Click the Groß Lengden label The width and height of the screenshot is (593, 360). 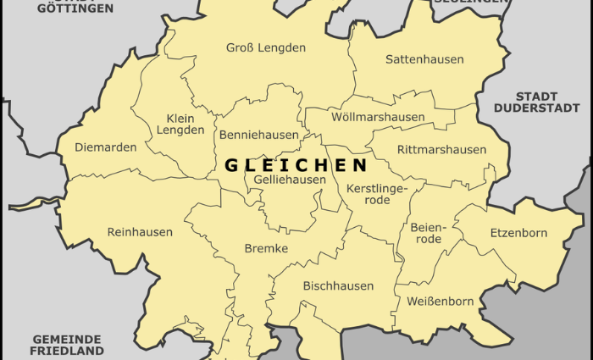tap(265, 47)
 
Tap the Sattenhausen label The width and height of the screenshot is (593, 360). tap(424, 59)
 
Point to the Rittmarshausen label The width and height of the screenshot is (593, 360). tap(442, 150)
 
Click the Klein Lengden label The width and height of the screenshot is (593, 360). tap(180, 124)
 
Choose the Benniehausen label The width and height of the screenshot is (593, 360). tap(258, 135)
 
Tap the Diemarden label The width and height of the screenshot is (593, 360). tap(105, 147)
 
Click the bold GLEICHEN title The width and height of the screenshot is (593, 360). tap(296, 165)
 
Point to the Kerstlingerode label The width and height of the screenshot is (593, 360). tap(377, 194)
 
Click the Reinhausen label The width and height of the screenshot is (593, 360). tap(140, 232)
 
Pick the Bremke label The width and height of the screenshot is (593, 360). tap(266, 248)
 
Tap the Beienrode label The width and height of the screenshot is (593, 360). tap(427, 233)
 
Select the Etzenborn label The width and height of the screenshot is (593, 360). tap(518, 233)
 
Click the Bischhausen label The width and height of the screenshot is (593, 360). tap(338, 286)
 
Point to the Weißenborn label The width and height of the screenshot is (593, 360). tap(441, 302)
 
